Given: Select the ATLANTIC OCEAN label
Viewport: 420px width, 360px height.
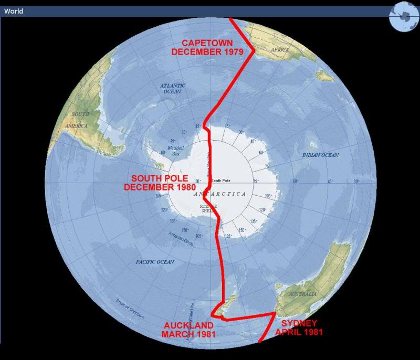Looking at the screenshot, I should tap(173, 88).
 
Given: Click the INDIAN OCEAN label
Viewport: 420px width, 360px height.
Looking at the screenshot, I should tap(320, 155).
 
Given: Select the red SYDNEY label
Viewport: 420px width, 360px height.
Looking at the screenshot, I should tap(299, 323).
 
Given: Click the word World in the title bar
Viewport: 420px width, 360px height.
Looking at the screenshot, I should tap(13, 11).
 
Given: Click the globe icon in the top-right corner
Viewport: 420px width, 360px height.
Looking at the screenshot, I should tap(402, 17).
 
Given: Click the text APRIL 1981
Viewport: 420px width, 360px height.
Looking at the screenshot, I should tap(299, 332).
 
